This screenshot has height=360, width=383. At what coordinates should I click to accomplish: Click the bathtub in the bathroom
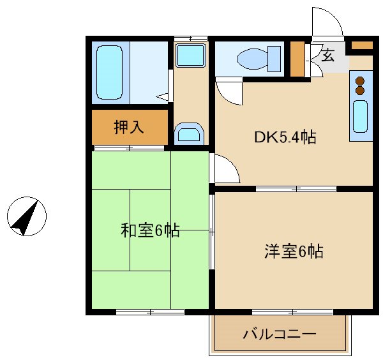click(109, 72)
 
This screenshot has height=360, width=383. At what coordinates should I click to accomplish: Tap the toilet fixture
click(259, 59)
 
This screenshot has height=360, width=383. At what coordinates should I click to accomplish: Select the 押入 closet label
click(129, 127)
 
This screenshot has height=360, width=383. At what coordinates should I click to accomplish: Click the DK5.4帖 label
click(285, 137)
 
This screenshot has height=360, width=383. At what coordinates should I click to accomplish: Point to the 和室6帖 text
click(150, 230)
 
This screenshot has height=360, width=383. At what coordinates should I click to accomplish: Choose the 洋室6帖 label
click(294, 251)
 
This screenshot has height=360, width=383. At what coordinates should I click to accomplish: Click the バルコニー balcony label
click(280, 334)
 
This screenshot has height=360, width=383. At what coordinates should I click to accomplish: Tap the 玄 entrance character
click(327, 55)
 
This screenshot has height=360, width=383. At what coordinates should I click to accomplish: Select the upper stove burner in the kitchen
click(360, 81)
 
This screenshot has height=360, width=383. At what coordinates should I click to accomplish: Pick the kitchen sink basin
click(360, 116)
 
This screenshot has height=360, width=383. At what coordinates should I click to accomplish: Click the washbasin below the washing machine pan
click(190, 133)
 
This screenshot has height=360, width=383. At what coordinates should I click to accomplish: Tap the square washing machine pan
click(191, 55)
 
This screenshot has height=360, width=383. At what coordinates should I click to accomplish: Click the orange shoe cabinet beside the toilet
click(297, 59)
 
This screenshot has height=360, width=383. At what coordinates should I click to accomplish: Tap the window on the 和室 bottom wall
click(150, 312)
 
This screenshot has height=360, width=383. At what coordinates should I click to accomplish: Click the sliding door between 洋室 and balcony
click(292, 312)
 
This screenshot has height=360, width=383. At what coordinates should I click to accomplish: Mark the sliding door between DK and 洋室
click(296, 189)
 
